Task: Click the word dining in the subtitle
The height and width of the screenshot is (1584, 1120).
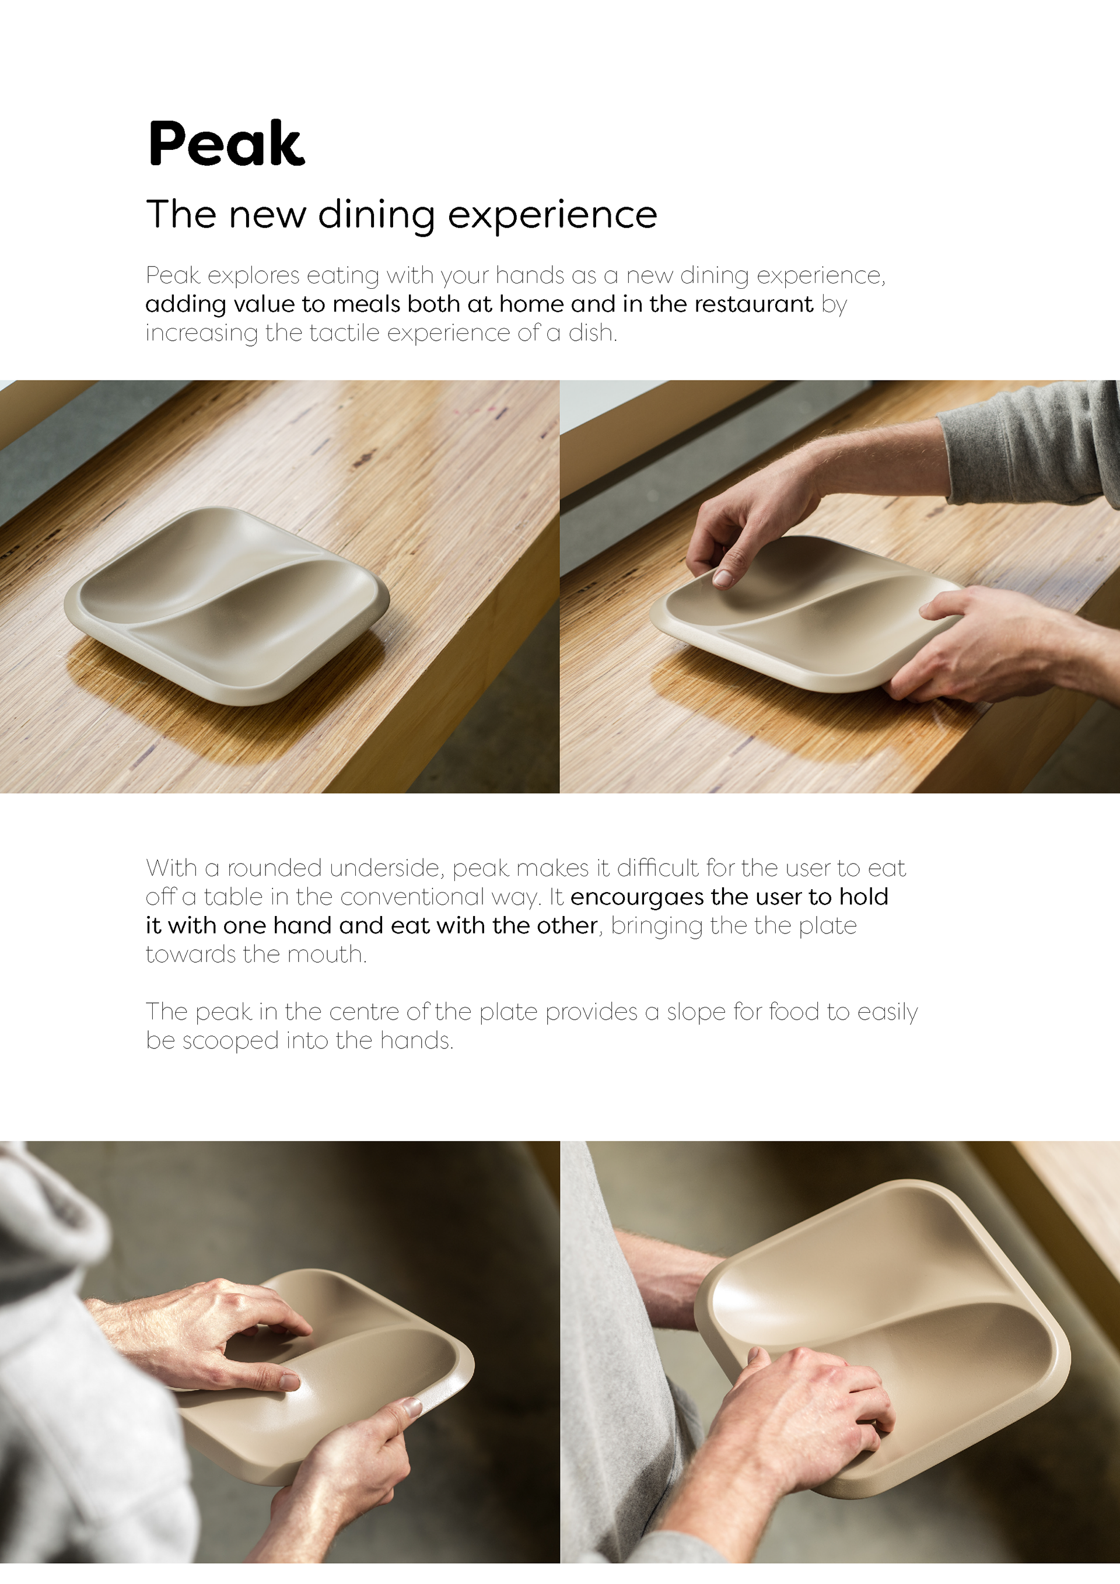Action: click(x=377, y=215)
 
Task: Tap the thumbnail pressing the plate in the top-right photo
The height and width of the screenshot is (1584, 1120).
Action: click(x=722, y=578)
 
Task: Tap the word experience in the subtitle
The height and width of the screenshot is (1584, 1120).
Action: click(x=552, y=215)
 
